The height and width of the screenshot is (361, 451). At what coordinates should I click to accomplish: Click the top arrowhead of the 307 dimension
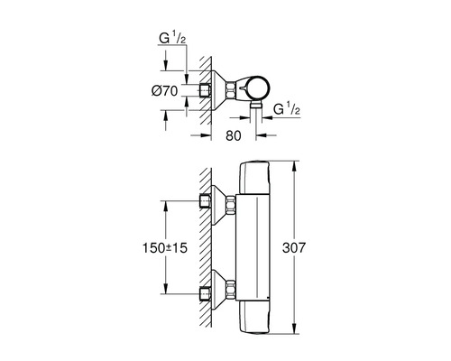(296, 166)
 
